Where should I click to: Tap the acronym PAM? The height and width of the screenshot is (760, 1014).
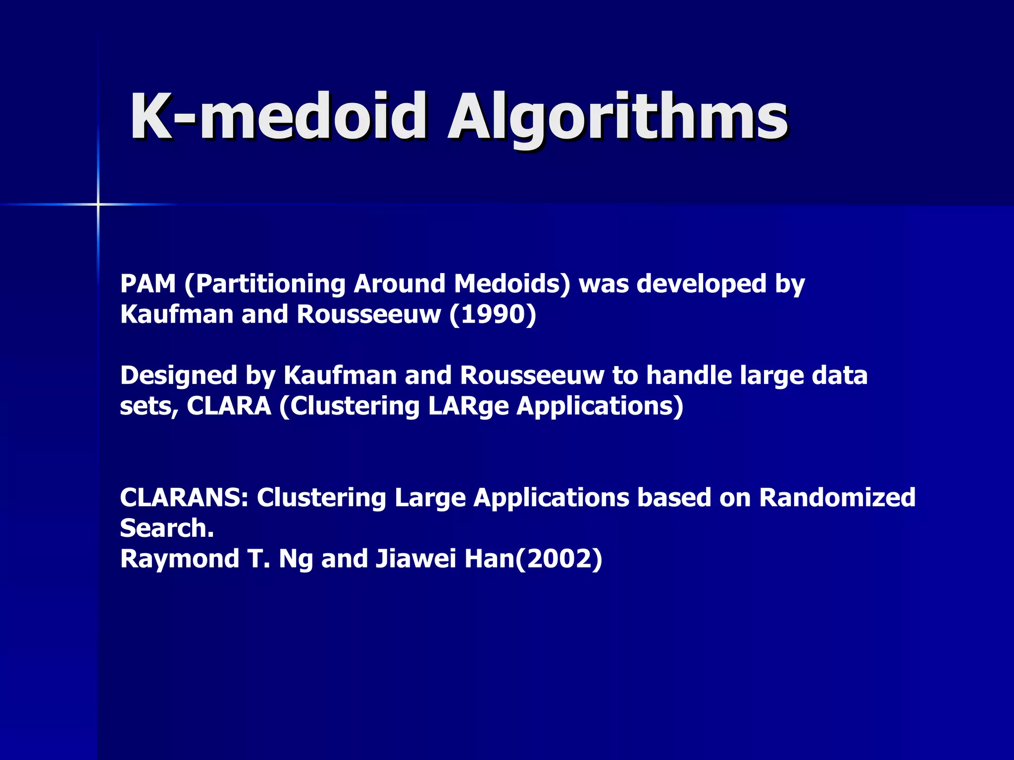coord(148,284)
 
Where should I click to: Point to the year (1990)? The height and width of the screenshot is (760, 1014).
coord(493,314)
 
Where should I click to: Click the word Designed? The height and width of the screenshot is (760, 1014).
coord(178,376)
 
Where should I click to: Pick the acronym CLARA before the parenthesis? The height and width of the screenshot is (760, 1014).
coord(229,406)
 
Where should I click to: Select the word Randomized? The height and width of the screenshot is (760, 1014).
coord(837,497)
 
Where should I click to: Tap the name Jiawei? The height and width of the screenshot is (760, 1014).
coord(415,559)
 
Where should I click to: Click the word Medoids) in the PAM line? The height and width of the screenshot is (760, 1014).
coord(512,284)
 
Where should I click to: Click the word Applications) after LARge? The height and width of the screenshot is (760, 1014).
coord(600,407)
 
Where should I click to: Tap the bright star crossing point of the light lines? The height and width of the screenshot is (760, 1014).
coord(98,204)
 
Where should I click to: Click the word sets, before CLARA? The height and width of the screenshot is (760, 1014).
coord(149,407)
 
